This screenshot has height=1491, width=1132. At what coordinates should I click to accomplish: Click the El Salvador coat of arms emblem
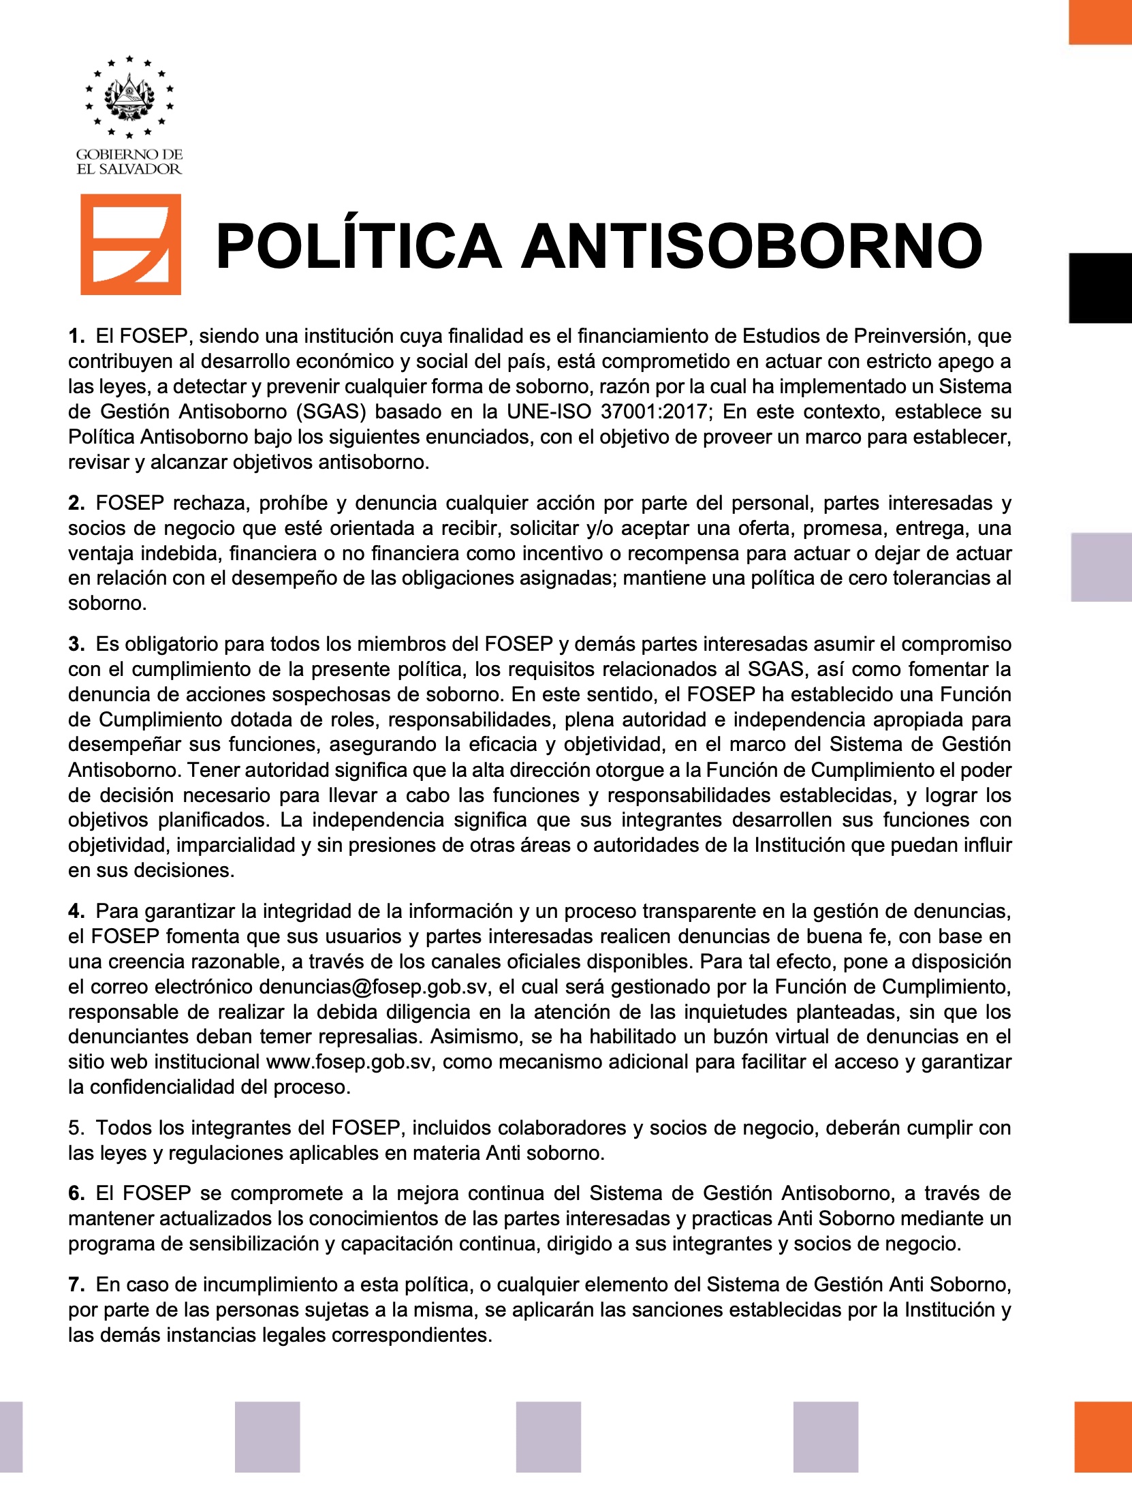tap(129, 97)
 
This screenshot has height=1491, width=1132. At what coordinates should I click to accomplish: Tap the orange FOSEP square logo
tap(131, 245)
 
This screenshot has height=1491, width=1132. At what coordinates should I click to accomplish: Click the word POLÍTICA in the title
tap(358, 247)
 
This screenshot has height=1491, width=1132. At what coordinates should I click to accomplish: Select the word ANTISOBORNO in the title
tap(751, 247)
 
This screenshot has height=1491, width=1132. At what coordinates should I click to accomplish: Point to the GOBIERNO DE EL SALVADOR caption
tap(129, 162)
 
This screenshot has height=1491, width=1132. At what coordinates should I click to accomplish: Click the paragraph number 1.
tap(76, 336)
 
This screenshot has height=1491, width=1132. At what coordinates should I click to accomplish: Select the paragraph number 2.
tap(76, 503)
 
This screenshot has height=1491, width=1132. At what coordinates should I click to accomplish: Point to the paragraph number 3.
tap(76, 644)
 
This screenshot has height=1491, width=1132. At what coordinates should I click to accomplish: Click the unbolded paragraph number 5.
tap(76, 1128)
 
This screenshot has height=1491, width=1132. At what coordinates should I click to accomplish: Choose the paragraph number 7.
tap(76, 1285)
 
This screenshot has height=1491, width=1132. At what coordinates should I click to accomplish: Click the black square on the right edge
tap(1100, 288)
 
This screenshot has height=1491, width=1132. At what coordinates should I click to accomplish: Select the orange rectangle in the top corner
tap(1100, 22)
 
